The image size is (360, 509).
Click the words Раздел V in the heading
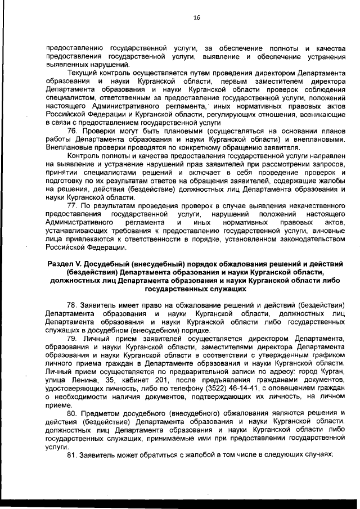61,265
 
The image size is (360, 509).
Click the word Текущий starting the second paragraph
82,74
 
